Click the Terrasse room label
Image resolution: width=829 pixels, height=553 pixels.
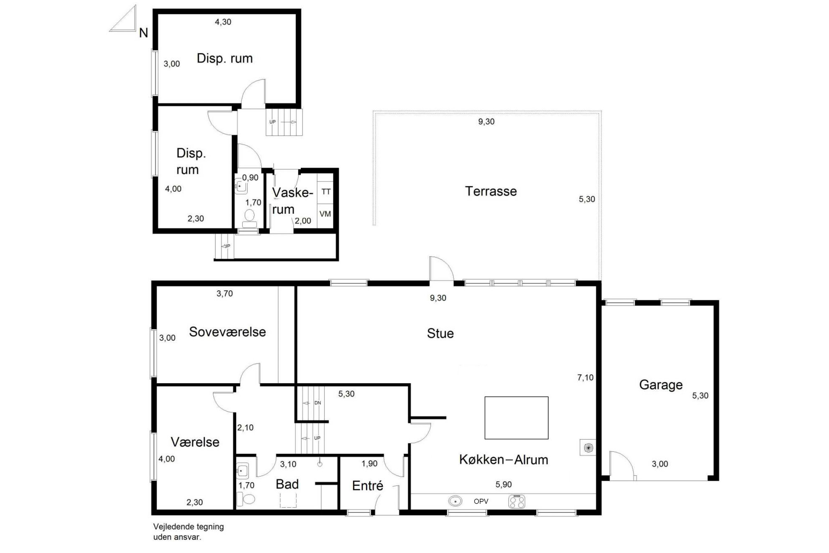(x=491, y=191)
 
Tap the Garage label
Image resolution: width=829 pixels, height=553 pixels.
(x=661, y=385)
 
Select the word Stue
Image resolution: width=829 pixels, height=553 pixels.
(x=440, y=333)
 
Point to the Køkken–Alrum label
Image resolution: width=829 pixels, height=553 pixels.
(x=504, y=459)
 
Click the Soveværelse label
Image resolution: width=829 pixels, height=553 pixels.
(x=227, y=331)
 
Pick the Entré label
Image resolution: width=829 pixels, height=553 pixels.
(x=368, y=485)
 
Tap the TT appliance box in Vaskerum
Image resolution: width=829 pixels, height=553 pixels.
(x=325, y=192)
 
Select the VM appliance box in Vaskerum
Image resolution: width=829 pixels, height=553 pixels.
(x=325, y=214)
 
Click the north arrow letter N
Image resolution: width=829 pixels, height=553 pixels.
(x=143, y=33)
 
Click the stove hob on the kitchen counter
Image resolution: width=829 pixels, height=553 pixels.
(x=517, y=502)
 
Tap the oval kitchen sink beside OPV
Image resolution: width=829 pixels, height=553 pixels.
(x=455, y=501)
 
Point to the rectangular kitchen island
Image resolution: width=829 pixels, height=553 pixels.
(x=516, y=418)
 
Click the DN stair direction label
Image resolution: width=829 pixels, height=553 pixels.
(x=318, y=403)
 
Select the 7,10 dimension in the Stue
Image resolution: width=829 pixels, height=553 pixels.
(x=585, y=377)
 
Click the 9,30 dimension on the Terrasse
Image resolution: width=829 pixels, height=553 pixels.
(x=486, y=122)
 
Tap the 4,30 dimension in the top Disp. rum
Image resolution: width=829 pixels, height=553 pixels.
(x=223, y=22)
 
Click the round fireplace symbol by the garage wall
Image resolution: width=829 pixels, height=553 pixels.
(x=588, y=448)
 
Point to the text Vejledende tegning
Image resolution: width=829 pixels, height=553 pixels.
(x=188, y=527)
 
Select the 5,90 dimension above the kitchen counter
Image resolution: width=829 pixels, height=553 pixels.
(x=504, y=484)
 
